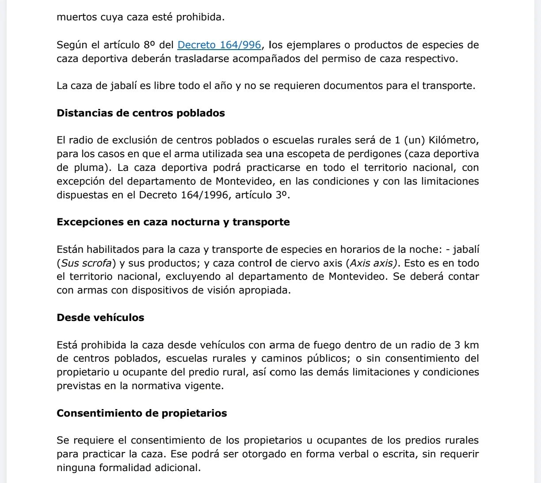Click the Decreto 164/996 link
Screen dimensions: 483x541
219,45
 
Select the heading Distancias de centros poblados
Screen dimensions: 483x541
141,113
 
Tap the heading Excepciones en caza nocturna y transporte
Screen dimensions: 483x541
173,222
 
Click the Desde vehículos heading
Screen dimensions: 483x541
100,317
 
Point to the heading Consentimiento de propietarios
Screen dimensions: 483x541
142,413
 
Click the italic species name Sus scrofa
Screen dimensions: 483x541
86,263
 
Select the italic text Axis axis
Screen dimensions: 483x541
372,263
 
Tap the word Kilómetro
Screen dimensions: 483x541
454,140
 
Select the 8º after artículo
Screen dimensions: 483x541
149,45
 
